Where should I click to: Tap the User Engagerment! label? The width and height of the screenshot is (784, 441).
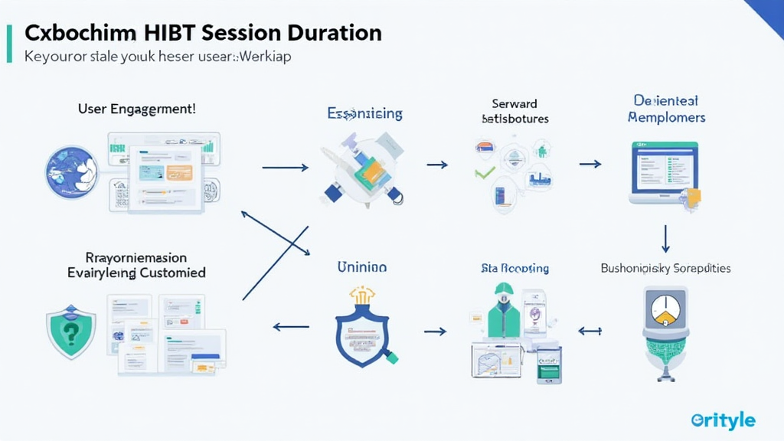[137, 109]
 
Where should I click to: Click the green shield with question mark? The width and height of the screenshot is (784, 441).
[71, 332]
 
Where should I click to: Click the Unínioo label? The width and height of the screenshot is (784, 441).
[361, 267]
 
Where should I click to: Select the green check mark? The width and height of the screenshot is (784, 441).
[484, 171]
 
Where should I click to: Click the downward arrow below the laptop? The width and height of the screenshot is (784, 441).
[665, 238]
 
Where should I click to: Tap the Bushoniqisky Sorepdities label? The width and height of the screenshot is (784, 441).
[665, 268]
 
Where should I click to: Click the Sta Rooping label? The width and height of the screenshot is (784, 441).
[514, 268]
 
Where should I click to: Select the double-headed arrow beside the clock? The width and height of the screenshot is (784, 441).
[590, 331]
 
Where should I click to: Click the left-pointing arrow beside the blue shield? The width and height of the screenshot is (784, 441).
[291, 327]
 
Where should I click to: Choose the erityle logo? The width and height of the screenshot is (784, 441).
[723, 420]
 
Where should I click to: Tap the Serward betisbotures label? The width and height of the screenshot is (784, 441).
[514, 111]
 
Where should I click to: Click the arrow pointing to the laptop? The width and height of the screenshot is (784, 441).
[590, 164]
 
